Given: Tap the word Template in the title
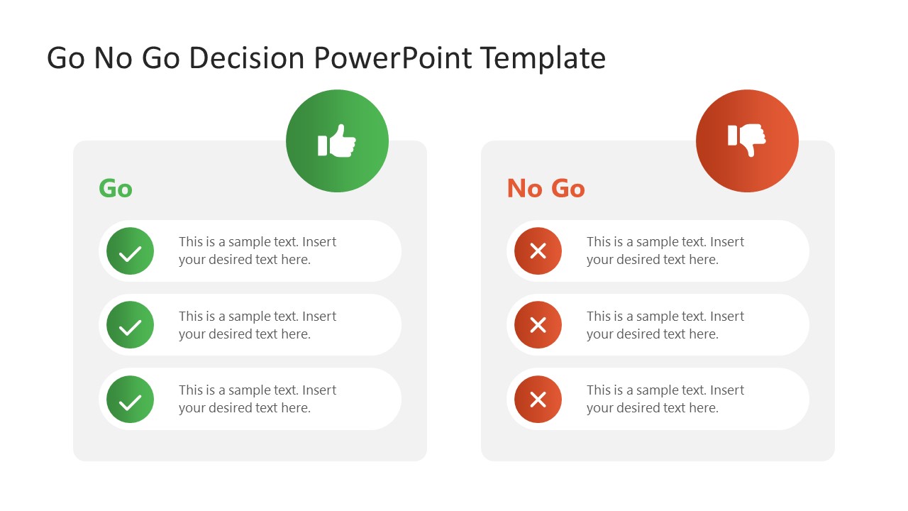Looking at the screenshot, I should point(543,58).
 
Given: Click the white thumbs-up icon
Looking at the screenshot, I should point(337,141).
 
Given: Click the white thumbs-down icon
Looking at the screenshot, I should point(747,141).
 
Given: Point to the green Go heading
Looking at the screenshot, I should point(116,188).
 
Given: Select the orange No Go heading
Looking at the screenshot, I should point(546,188).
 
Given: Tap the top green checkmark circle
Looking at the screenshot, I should point(131,251).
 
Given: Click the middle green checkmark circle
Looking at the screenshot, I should point(131,325).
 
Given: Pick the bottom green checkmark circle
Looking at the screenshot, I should point(131,400).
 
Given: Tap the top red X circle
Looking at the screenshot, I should point(538,251).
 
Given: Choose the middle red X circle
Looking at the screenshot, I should point(538,325).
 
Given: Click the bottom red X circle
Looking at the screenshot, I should point(538,400).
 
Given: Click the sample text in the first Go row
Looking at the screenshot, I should point(257,251).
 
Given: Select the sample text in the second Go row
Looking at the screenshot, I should point(257,325).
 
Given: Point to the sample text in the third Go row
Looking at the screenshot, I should point(257,399).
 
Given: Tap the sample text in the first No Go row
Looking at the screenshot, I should point(665,251).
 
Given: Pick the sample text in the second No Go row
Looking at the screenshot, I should point(665,325).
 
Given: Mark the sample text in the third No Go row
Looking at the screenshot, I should point(665,399).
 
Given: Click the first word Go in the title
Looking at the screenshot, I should point(66,58).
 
